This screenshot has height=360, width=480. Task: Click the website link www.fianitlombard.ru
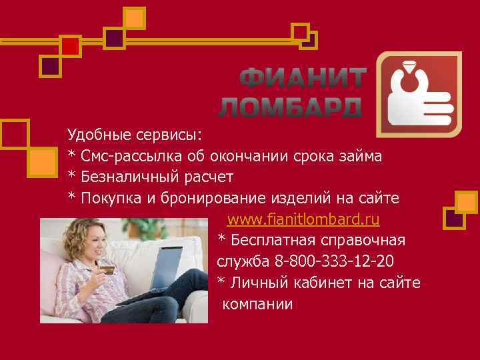[303, 219]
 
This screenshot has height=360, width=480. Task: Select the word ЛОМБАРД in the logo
[291, 107]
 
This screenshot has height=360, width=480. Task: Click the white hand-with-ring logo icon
[419, 97]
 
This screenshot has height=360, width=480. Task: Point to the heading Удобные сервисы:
[134, 135]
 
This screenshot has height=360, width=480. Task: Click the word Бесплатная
[275, 241]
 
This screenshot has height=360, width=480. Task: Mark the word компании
[257, 305]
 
